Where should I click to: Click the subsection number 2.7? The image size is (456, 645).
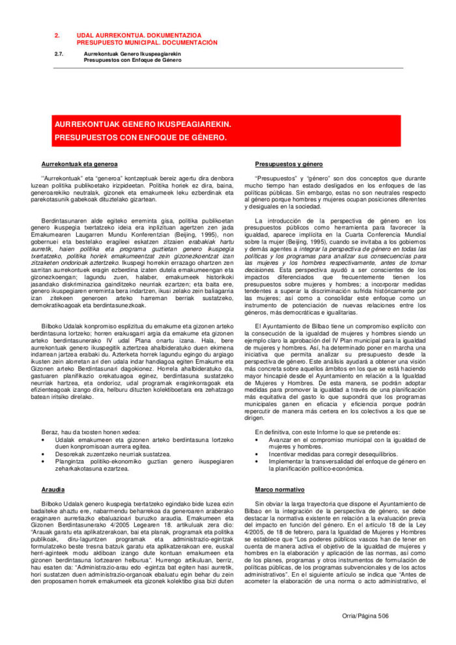click(59, 53)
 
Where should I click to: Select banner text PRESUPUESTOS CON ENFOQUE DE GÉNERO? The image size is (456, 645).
click(141, 138)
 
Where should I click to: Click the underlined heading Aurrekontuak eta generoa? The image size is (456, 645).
click(79, 163)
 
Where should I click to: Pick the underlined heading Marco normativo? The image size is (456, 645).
click(281, 489)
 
